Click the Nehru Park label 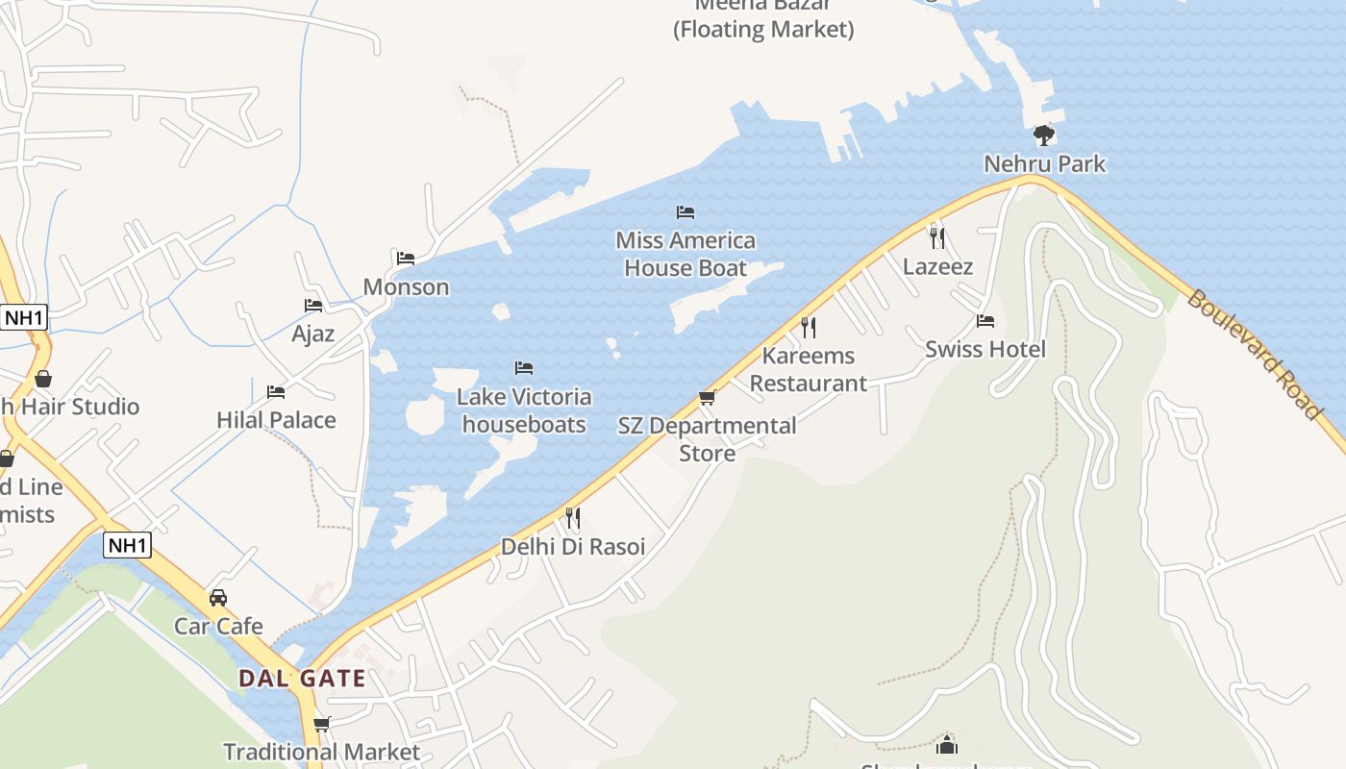(x=1044, y=164)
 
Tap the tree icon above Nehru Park (x=1044, y=136)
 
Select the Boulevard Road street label (x=1254, y=354)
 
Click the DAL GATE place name (x=302, y=679)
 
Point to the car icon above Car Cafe (x=218, y=598)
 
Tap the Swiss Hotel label (x=985, y=349)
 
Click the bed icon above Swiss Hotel (x=985, y=321)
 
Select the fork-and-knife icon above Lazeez (x=937, y=237)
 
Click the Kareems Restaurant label (x=808, y=369)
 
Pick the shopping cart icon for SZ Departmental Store (x=708, y=398)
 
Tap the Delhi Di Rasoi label (x=573, y=547)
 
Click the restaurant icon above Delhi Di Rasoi (x=573, y=519)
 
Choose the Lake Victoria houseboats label (x=524, y=410)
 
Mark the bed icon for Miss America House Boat (x=685, y=212)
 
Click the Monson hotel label (x=406, y=286)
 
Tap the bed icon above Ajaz (x=313, y=306)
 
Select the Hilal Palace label (x=276, y=420)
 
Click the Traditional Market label (x=321, y=752)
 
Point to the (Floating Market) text (x=762, y=30)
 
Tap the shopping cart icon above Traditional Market (x=321, y=724)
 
